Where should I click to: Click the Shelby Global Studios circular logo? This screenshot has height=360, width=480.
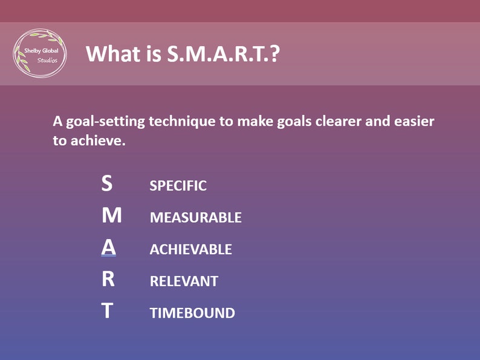pos(40,53)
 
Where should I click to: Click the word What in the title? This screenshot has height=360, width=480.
pos(109,53)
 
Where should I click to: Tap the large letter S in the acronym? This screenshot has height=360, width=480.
pos(107,183)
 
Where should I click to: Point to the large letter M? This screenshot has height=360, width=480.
pos(111,215)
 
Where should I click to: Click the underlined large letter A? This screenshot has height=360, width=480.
pos(108,247)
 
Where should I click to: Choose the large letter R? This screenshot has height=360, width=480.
pos(108,280)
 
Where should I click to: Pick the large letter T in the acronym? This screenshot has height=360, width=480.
pos(107,312)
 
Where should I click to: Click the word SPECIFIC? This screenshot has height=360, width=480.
pos(178,186)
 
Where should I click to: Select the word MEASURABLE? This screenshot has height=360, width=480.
pos(195,218)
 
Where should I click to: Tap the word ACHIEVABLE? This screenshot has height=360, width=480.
pos(190,249)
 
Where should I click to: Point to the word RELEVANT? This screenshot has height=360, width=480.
pos(184,281)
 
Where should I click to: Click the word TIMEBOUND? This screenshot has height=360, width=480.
pos(192,313)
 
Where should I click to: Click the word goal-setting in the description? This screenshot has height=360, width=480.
pos(103,122)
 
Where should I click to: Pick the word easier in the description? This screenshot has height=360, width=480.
pos(414,122)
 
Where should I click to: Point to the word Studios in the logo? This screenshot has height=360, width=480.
pos(47,61)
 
